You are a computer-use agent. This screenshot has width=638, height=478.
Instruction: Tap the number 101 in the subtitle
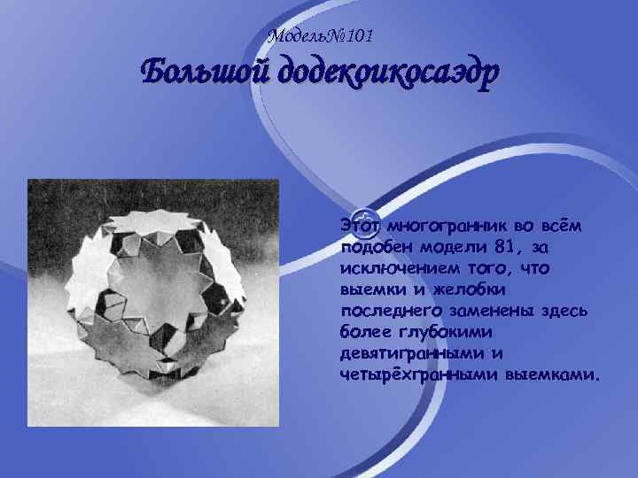(x=359, y=36)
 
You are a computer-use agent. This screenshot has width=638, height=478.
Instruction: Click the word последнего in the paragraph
(x=386, y=310)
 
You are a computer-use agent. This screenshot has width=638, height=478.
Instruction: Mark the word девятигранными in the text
(x=414, y=352)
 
